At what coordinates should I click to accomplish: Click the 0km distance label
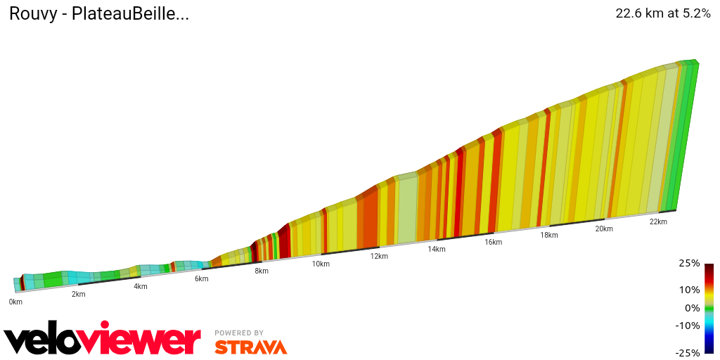(15, 302)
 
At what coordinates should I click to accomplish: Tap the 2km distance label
(78, 294)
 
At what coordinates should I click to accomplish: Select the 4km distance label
(141, 286)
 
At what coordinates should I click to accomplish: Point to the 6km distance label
(202, 278)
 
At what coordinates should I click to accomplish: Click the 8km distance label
(262, 271)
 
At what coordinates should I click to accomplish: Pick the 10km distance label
(321, 264)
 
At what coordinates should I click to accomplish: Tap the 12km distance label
(379, 256)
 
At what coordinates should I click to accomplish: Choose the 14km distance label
(437, 249)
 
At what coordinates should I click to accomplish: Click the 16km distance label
(493, 242)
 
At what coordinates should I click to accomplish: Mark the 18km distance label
(549, 235)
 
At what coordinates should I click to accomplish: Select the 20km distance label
(604, 229)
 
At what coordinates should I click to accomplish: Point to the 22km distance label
(658, 221)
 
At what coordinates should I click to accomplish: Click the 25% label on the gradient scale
(690, 263)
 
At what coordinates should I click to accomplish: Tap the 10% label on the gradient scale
(690, 290)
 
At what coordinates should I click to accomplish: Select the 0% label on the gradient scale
(692, 307)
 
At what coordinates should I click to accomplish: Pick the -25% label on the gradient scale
(688, 352)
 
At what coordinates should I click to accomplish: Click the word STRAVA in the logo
(250, 347)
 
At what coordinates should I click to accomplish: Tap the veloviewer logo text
(103, 340)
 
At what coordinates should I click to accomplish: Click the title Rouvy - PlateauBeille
(98, 13)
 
